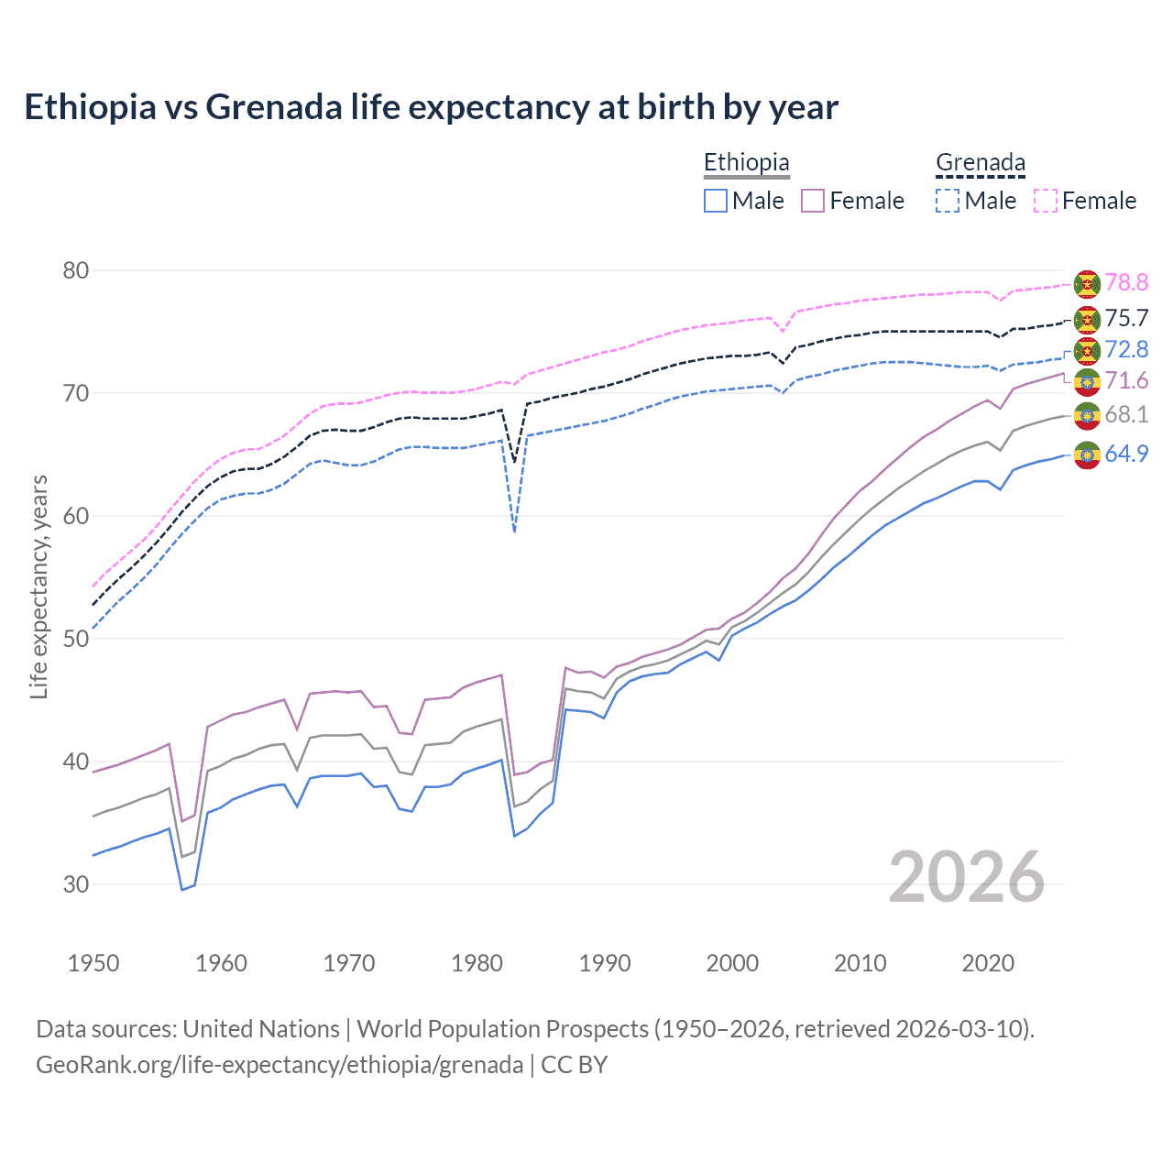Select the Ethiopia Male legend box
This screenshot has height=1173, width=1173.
click(716, 201)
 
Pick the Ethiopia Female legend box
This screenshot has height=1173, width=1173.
click(813, 201)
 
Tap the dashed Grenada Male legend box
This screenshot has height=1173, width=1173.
click(948, 201)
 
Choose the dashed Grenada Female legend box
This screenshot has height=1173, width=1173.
click(1046, 201)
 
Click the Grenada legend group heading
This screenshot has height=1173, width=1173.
click(980, 163)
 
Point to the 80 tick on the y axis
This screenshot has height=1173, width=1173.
click(76, 270)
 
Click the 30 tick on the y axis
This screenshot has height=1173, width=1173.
click(76, 884)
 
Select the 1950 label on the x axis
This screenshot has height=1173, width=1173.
click(93, 963)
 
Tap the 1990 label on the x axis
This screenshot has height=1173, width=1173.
click(605, 963)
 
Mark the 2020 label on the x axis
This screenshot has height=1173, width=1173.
click(988, 963)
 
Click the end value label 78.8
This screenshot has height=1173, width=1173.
click(1126, 283)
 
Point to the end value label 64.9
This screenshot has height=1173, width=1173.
click(1126, 454)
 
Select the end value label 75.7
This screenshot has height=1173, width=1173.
click(1126, 318)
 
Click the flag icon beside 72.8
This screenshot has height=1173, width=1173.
click(1087, 350)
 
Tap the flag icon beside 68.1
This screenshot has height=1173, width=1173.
click(1087, 415)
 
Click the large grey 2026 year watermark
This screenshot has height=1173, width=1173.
click(967, 877)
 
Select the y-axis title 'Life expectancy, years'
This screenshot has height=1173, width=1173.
click(38, 586)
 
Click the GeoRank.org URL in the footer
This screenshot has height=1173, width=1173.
click(280, 1065)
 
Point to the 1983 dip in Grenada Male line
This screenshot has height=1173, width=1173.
click(515, 530)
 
